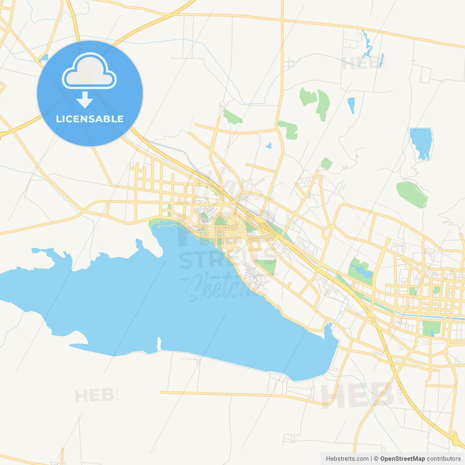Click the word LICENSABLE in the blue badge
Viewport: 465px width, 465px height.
click(x=90, y=119)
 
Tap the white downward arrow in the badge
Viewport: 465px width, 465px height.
click(x=85, y=100)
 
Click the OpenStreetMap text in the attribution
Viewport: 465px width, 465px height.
click(x=403, y=459)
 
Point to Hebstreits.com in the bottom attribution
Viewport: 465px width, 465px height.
click(x=347, y=459)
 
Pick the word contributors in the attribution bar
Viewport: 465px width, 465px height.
click(x=444, y=459)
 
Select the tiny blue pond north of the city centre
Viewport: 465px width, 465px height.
click(x=269, y=146)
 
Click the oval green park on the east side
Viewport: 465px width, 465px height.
click(x=412, y=194)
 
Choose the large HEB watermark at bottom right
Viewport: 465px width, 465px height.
click(x=358, y=395)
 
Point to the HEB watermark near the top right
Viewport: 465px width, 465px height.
click(x=360, y=64)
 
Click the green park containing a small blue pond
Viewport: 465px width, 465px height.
click(x=360, y=271)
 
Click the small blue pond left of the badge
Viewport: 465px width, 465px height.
click(x=44, y=57)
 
